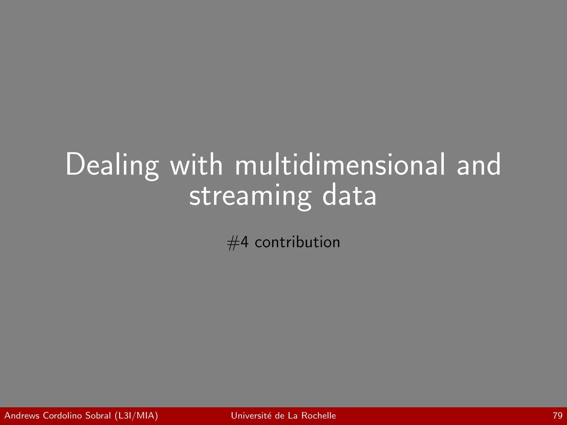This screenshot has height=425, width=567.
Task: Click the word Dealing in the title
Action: pyautogui.click(x=112, y=165)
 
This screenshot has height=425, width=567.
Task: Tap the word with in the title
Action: pyautogui.click(x=196, y=165)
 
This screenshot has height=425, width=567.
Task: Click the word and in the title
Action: pyautogui.click(x=479, y=165)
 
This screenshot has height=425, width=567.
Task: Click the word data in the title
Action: pyautogui.click(x=349, y=195)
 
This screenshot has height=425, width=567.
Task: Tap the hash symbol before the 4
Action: pyautogui.click(x=233, y=243)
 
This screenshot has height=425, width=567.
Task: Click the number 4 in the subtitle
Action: pyautogui.click(x=244, y=242)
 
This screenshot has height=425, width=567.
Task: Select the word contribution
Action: pyautogui.click(x=297, y=242)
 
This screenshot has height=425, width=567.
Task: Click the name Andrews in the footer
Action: pyautogui.click(x=22, y=416)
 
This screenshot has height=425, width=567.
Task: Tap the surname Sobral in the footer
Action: pyautogui.click(x=98, y=416)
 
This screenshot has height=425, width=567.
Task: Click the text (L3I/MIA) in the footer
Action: pyautogui.click(x=136, y=416)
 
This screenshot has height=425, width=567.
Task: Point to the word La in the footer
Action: pyautogui.click(x=293, y=416)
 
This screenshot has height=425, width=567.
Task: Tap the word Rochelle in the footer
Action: pyautogui.click(x=318, y=416)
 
